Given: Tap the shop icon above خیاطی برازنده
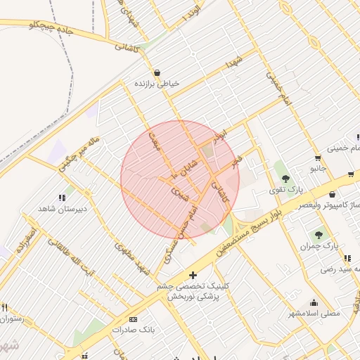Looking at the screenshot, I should pos(157,72).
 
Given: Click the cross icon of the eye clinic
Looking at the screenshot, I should pos(193,275).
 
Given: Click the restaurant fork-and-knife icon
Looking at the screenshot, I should pos(4,307).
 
